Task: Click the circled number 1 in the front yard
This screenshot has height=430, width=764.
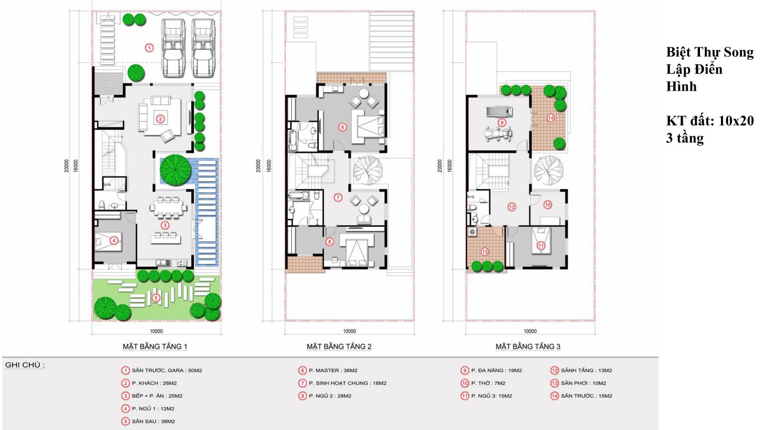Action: (x=149, y=48)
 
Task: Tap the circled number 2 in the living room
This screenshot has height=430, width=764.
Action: (x=160, y=119)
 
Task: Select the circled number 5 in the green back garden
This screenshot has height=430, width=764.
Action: (x=156, y=298)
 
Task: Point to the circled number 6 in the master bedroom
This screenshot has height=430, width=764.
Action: (x=342, y=127)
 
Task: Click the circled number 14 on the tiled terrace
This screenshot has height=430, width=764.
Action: (x=551, y=118)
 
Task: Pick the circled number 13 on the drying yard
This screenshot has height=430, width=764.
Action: (x=485, y=252)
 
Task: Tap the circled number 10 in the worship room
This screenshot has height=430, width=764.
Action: (x=547, y=205)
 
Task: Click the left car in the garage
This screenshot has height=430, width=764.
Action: (x=174, y=48)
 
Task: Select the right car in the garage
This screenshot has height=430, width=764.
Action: (x=203, y=48)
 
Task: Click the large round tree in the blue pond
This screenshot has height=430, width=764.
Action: (x=175, y=170)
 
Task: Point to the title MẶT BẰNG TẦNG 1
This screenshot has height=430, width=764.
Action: (x=155, y=347)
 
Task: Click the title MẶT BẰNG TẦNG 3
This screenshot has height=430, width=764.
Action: (x=528, y=347)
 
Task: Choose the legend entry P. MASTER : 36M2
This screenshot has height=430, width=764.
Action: (x=333, y=370)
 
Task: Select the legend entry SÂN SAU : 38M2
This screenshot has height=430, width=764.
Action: (x=153, y=421)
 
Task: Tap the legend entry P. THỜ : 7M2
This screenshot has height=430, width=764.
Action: (x=488, y=383)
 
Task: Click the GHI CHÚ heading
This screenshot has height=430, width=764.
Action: (x=25, y=365)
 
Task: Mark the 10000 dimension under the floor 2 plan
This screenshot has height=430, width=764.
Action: (x=349, y=331)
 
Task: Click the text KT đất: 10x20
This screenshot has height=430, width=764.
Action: (x=710, y=121)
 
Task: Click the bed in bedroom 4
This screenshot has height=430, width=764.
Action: (x=108, y=241)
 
